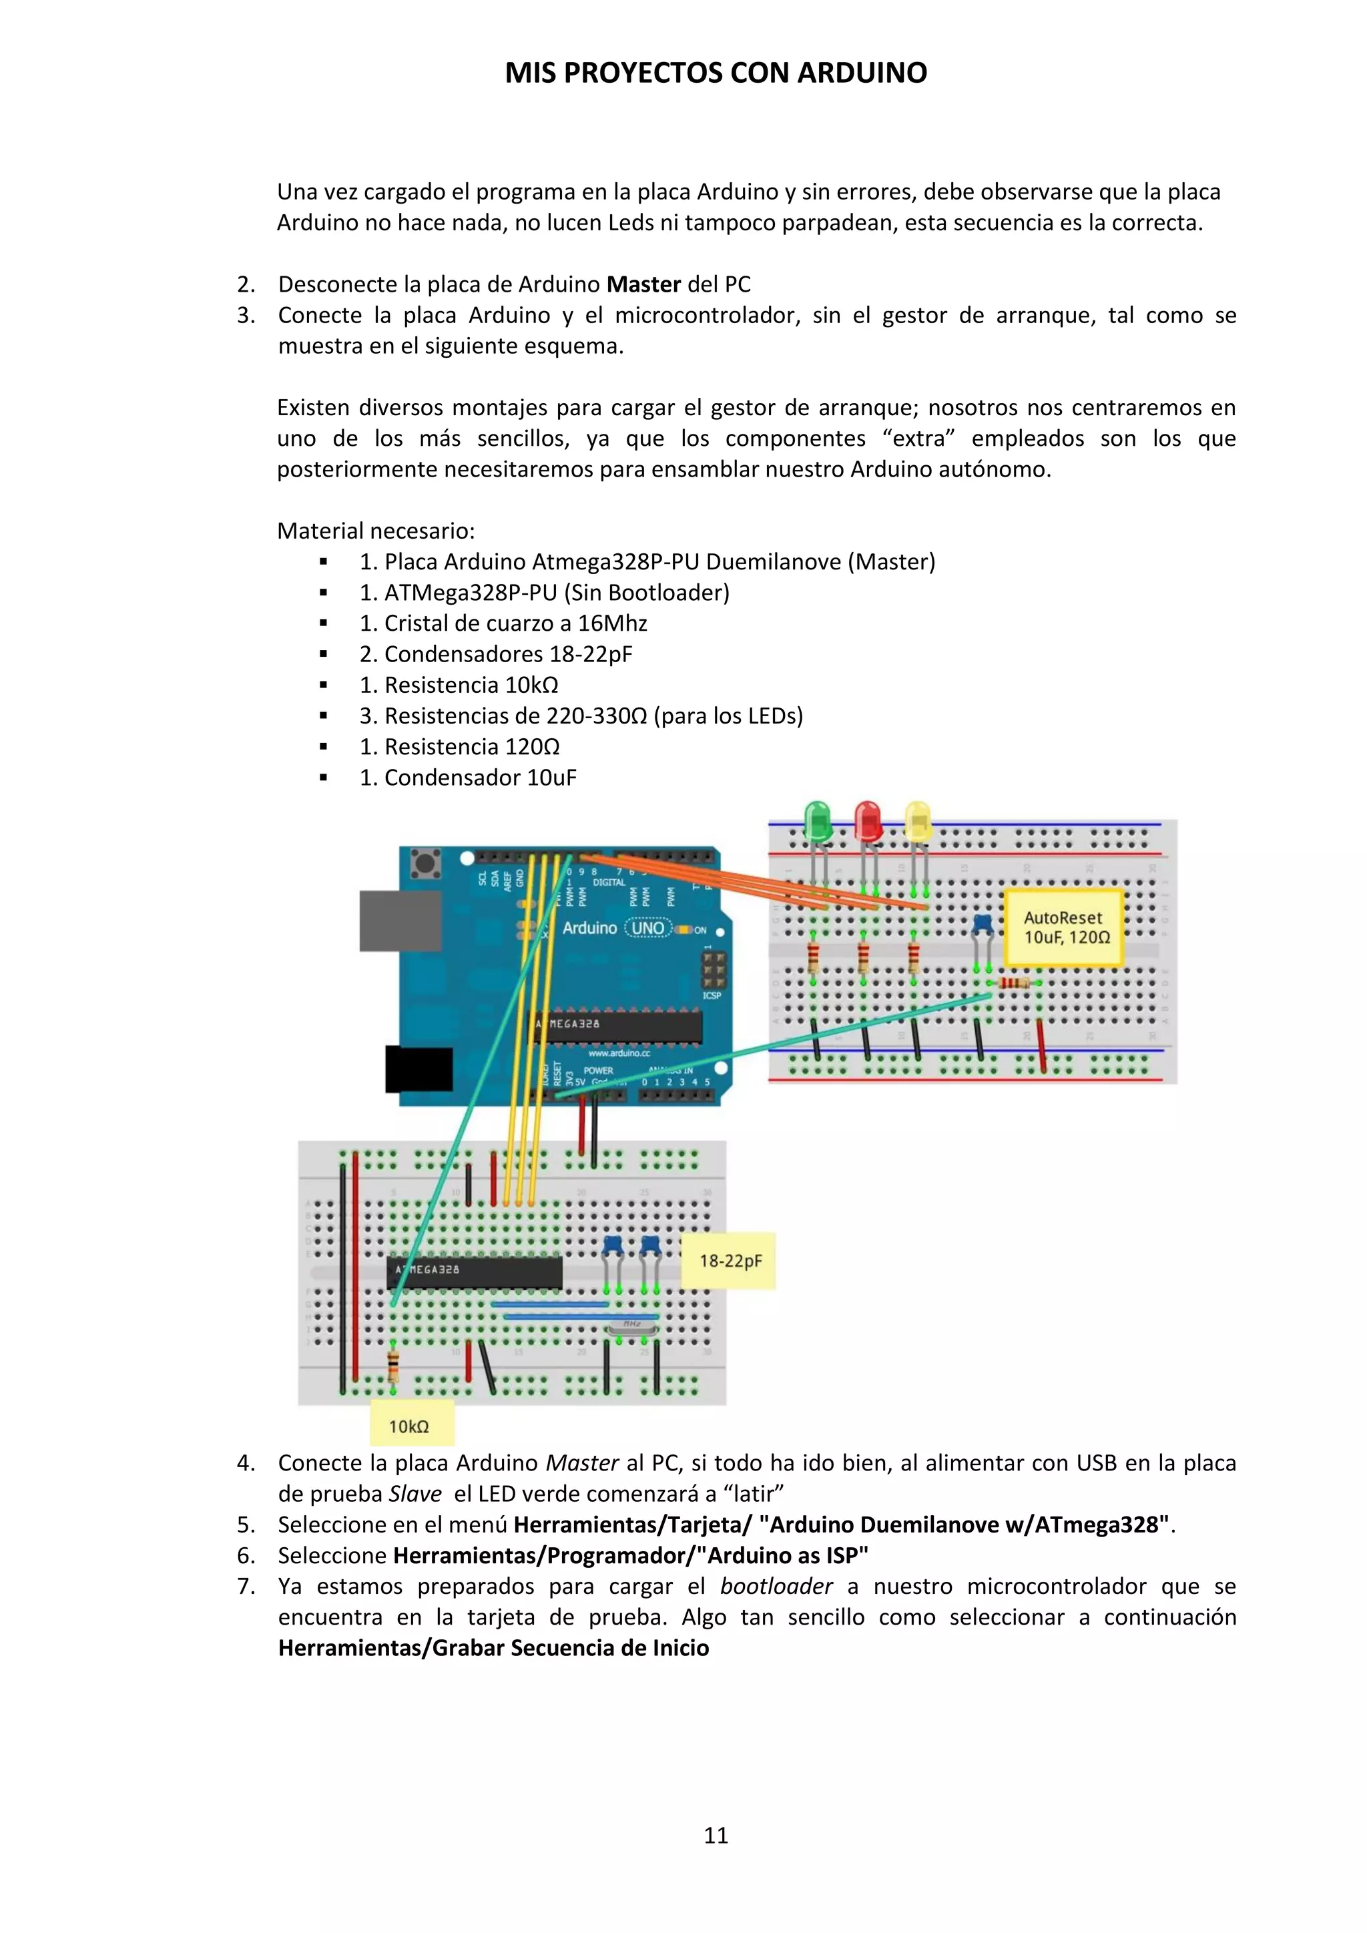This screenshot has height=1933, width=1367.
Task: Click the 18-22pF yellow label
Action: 729,1261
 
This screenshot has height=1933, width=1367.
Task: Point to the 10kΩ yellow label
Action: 410,1426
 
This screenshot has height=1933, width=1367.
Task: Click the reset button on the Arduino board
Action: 426,864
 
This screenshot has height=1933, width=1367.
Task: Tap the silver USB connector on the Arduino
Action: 399,921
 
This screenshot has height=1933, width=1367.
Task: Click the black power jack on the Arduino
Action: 419,1069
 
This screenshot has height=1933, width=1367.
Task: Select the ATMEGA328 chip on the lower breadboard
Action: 474,1272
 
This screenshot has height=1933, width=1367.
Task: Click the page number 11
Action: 716,1836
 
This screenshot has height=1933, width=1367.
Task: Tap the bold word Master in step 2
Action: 643,284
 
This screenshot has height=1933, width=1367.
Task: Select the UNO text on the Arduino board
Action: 647,928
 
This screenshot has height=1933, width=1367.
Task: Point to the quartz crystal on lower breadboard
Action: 632,1326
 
